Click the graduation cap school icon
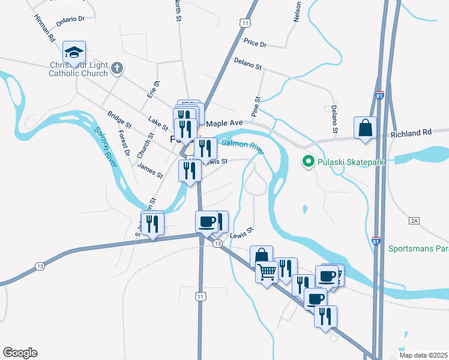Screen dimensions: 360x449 coord(74,53)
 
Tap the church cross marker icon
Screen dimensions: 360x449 coord(117,68)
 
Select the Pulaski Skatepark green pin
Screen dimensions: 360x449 coord(309,161)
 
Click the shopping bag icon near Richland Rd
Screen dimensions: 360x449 coord(365,128)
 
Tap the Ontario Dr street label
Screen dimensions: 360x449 coord(71,20)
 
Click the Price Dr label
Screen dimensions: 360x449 coord(255,43)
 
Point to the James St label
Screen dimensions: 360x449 coord(150,170)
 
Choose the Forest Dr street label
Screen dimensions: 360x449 coord(124,143)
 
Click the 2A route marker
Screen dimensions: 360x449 coord(414,221)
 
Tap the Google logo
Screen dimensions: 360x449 coord(20,353)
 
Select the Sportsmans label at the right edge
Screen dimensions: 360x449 coord(418,248)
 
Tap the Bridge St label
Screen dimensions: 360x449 coord(118,122)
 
